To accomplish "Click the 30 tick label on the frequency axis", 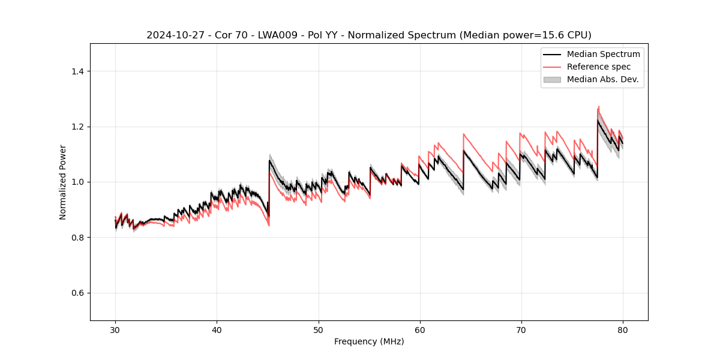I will point(115,329).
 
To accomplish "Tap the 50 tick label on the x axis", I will point(318,329).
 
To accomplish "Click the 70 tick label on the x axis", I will point(521,329).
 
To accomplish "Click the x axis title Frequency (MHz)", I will point(369,341).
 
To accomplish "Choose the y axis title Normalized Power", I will point(63,182).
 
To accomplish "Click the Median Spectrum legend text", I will point(603,54).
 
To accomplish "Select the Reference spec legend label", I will point(599,67).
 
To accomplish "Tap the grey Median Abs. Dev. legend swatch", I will point(552,79).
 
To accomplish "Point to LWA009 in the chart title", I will point(266,35).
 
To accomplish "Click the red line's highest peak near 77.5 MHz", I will point(598,107).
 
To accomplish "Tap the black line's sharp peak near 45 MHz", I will point(269,160).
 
